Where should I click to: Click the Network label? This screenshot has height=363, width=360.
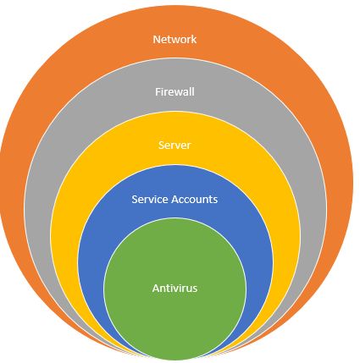[x=174, y=39]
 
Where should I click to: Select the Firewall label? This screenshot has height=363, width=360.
[x=174, y=91]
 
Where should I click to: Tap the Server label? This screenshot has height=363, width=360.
[x=174, y=145]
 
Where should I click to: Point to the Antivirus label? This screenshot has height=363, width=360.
[x=174, y=289]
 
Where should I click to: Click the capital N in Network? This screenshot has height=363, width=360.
[x=156, y=39]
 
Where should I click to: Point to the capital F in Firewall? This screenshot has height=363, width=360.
[x=158, y=91]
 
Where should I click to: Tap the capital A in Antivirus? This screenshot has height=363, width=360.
[x=155, y=289]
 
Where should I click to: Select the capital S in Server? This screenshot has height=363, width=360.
[x=161, y=145]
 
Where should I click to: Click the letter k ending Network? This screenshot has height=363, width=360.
[x=194, y=39]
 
